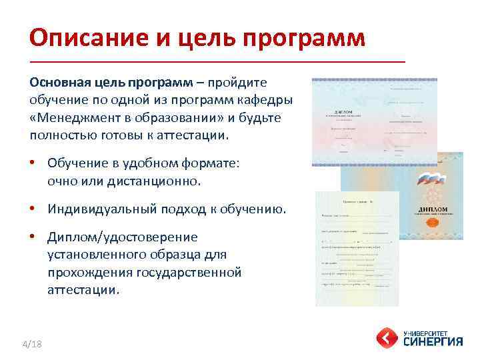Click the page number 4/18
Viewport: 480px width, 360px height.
pyautogui.click(x=32, y=344)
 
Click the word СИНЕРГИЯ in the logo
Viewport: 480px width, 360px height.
pyautogui.click(x=433, y=342)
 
